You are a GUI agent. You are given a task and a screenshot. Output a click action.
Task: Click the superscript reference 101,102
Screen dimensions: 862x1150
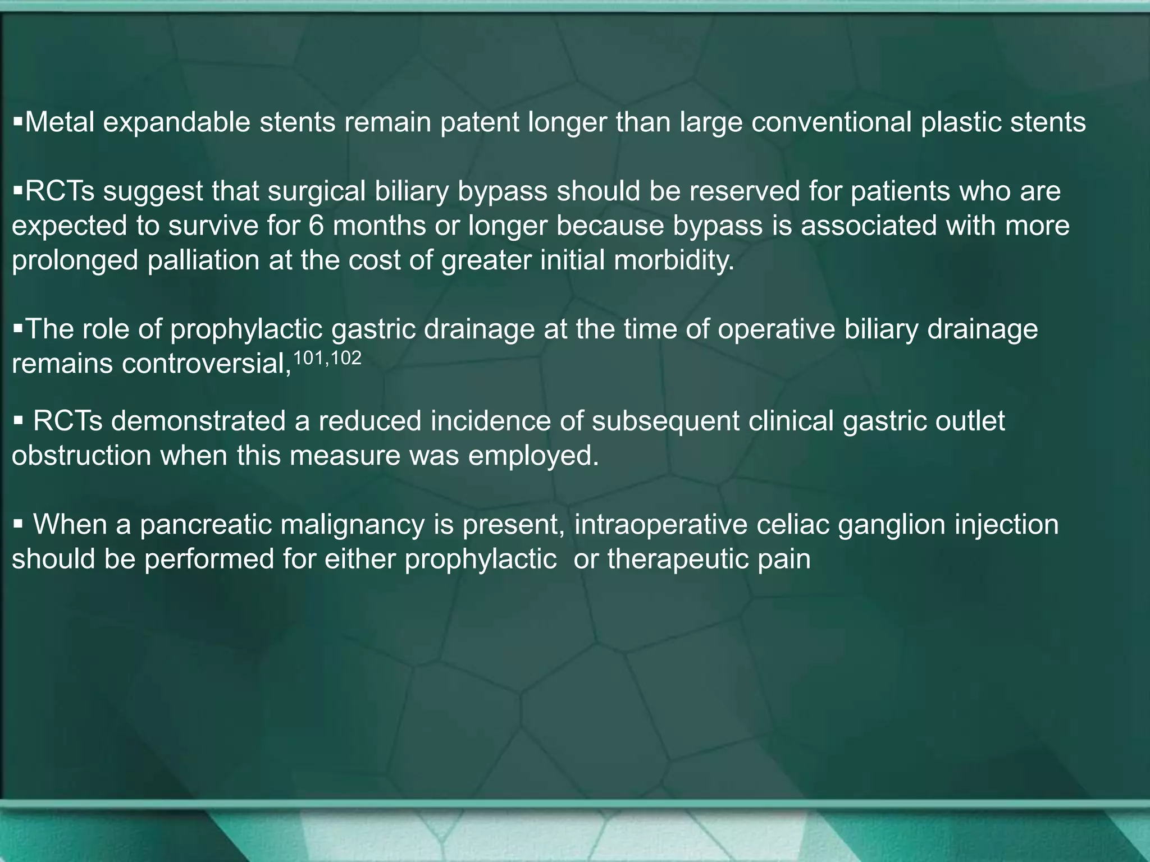[327, 358]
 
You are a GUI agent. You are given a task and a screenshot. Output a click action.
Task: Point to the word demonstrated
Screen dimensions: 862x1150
[199, 421]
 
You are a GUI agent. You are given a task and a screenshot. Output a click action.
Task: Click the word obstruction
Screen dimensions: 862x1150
[81, 456]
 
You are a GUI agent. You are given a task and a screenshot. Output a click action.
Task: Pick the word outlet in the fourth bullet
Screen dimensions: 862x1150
[970, 421]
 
